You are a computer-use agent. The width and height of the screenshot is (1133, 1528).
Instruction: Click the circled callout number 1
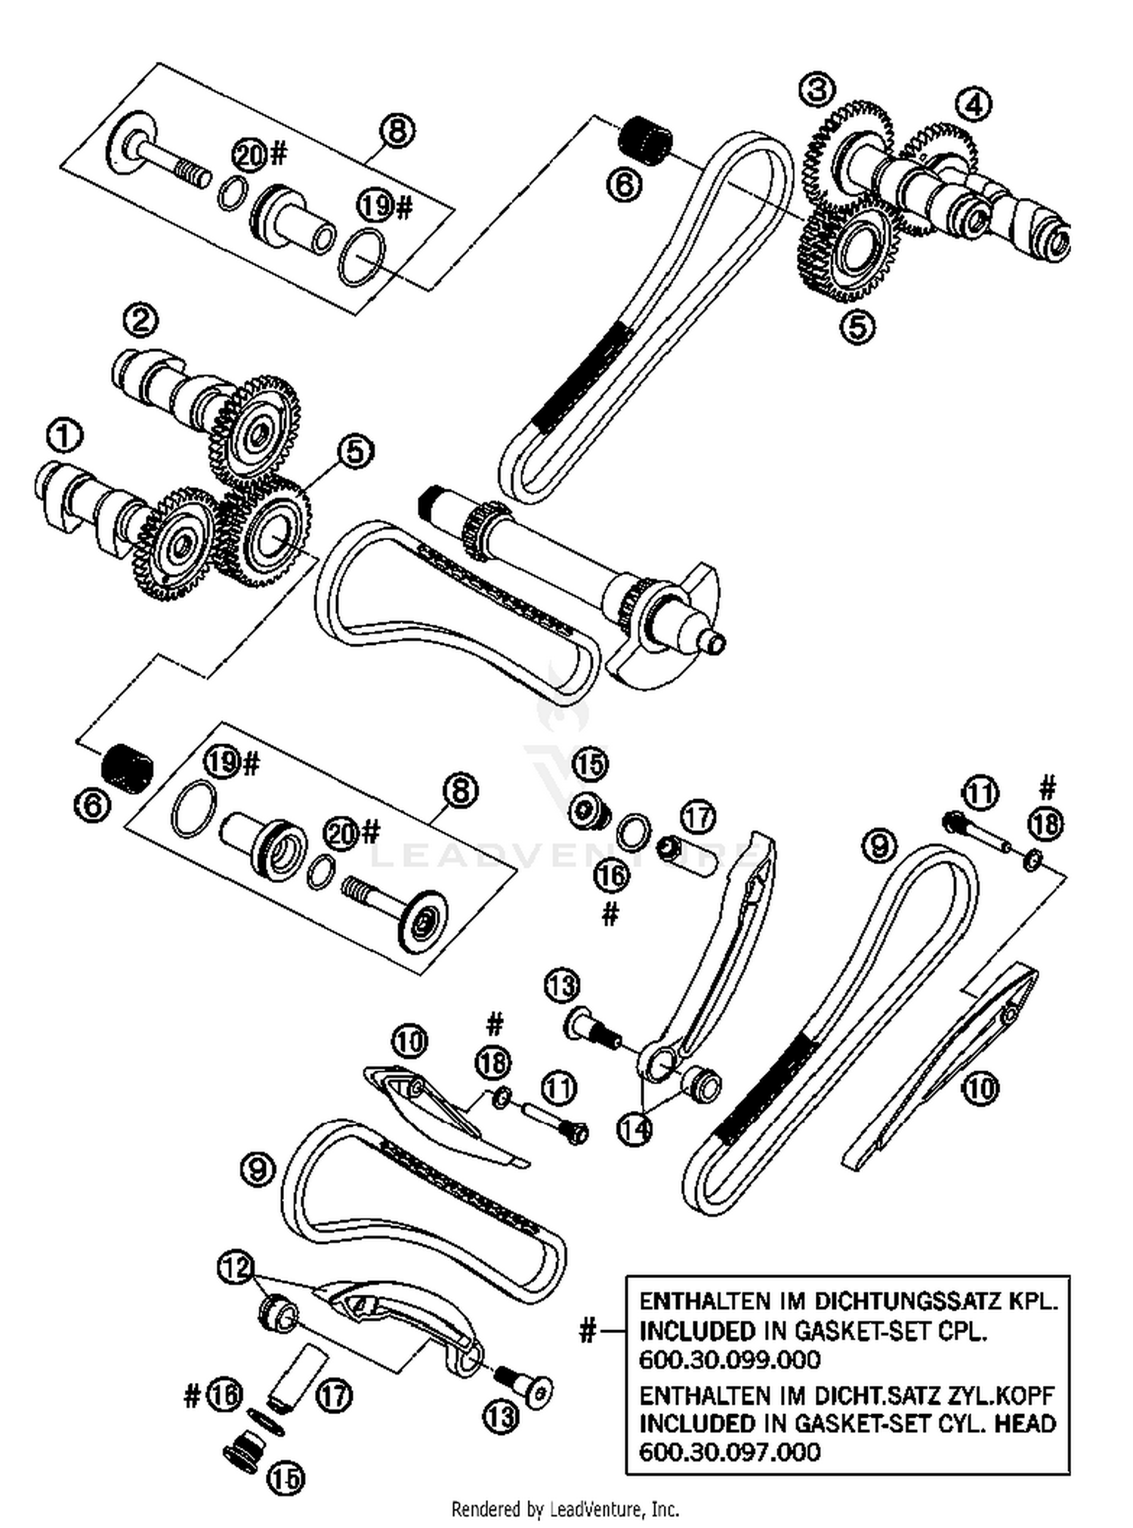click(x=63, y=436)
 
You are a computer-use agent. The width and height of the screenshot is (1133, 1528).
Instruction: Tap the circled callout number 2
click(x=140, y=320)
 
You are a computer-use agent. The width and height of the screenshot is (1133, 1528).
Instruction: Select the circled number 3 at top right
click(x=817, y=90)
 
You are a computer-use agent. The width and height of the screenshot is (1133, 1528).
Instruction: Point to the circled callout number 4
click(x=974, y=104)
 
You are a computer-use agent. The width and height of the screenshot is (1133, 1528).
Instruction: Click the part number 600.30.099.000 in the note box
click(x=729, y=1360)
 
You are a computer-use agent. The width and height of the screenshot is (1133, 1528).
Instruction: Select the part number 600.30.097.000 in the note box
click(x=729, y=1451)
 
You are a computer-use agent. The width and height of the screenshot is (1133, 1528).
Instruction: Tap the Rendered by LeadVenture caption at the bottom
click(x=565, y=1509)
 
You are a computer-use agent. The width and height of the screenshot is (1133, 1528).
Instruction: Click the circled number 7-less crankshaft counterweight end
click(x=665, y=627)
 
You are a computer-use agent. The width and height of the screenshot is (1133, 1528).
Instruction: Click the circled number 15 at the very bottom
click(x=285, y=1477)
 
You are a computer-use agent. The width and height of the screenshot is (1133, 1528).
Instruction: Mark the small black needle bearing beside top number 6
click(x=646, y=139)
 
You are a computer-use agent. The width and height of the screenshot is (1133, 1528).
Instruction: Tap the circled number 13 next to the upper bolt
click(x=562, y=985)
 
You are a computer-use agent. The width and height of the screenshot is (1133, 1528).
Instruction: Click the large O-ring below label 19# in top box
click(x=361, y=258)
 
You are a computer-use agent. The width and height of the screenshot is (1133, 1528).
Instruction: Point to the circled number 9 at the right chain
click(x=879, y=845)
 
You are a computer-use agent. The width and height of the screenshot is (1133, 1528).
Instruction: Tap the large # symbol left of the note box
click(x=587, y=1330)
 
